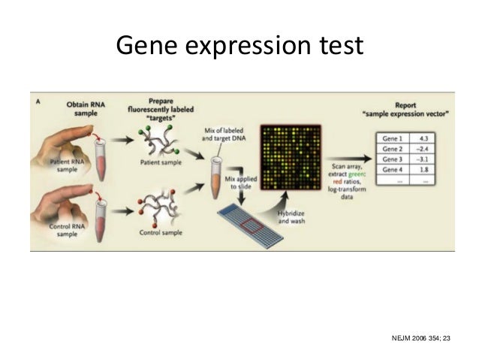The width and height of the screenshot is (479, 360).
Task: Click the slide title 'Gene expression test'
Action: (239, 46)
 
